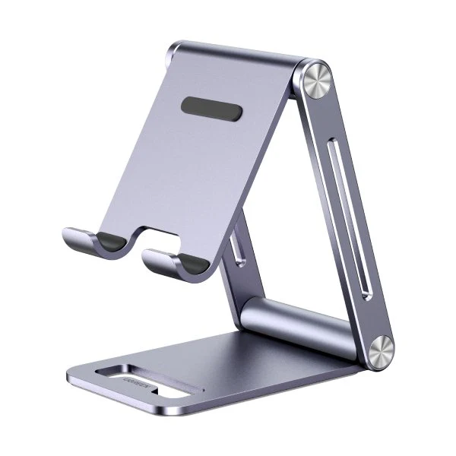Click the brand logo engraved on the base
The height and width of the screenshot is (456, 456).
(123, 375)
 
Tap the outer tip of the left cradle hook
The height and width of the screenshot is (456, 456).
(68, 232)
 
